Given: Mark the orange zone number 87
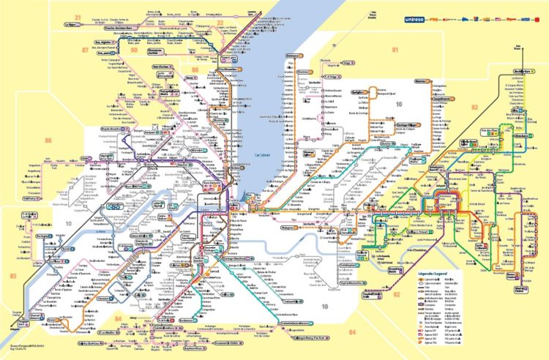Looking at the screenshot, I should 86,50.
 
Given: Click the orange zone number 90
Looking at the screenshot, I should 134,50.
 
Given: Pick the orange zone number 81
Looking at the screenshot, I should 395,50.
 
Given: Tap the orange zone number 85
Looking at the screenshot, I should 12,276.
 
